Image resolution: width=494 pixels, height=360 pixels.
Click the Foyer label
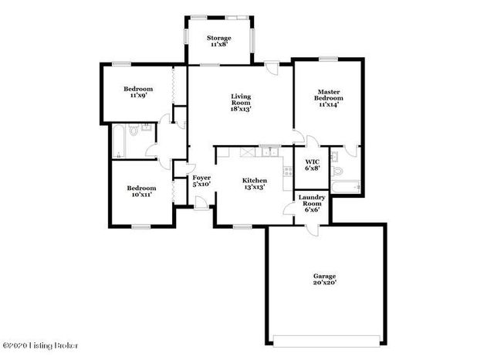click(201, 180)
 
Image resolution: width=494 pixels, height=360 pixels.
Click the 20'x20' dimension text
click(324, 284)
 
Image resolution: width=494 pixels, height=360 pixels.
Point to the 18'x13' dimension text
click(241, 109)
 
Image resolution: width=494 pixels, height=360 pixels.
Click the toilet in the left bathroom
click(135, 133)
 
